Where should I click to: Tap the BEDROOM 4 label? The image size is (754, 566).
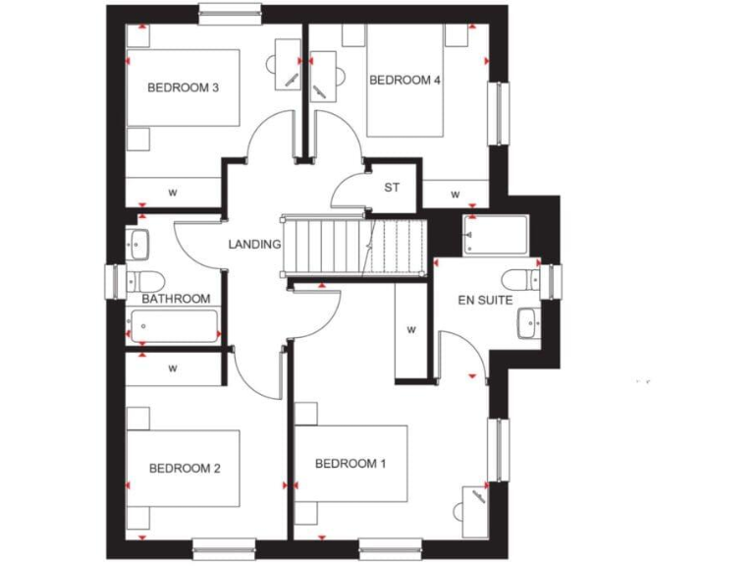pos(404,81)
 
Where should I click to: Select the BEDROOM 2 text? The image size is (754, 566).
pos(185,469)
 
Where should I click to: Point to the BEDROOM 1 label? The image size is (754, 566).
pos(350,464)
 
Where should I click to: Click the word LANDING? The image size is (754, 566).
pos(255,245)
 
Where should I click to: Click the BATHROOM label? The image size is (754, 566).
pos(176,299)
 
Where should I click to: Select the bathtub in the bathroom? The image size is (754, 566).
pos(173,325)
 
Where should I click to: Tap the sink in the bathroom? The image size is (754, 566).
pos(136,241)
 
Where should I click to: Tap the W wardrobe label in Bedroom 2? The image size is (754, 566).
pos(173,369)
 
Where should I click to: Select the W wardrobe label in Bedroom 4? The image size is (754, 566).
pos(456,196)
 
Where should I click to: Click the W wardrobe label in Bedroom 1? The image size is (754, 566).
pos(412,330)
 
